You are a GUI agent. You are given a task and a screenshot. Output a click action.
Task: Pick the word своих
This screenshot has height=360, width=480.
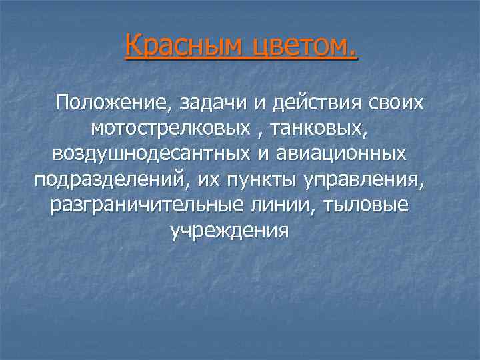pyautogui.click(x=394, y=104)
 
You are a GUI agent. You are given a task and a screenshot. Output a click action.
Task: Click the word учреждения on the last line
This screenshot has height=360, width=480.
pyautogui.click(x=229, y=231)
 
